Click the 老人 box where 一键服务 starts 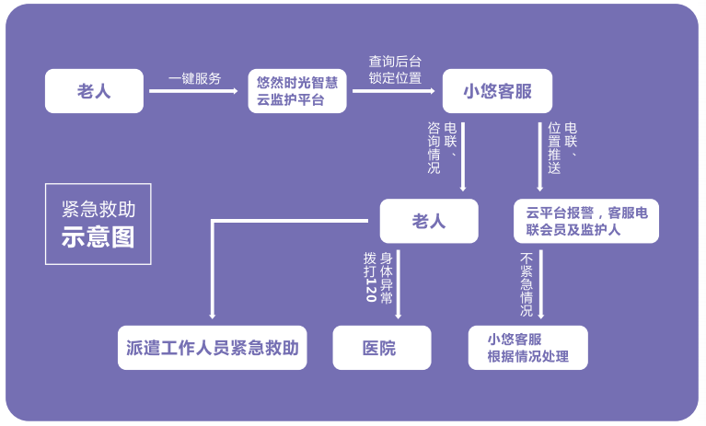point(94,91)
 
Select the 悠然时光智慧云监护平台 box point(297,91)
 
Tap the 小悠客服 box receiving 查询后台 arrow point(496,91)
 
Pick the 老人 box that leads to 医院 point(429,221)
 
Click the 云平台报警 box point(586,221)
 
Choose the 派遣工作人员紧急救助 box point(213,348)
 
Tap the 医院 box point(381,348)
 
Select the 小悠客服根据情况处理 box point(528,348)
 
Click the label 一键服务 point(195,78)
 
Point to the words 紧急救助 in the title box point(98,209)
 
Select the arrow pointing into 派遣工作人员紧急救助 point(213,276)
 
